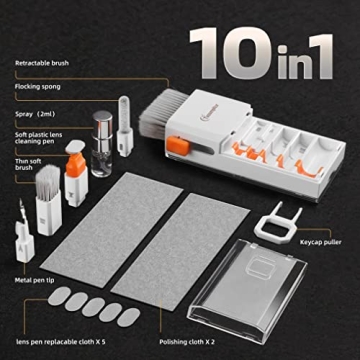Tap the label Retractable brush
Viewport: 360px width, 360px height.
(43, 63)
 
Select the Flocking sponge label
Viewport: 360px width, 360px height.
(39, 87)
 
